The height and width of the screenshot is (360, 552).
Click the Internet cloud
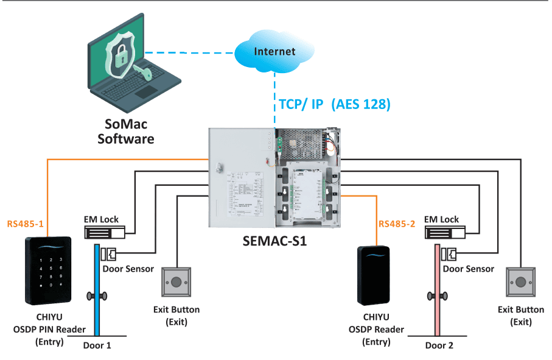274,51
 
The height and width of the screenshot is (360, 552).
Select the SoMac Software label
126,132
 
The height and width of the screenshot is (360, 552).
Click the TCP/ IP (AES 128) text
335,104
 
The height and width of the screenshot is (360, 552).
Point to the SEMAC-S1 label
274,241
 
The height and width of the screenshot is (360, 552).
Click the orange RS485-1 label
26,224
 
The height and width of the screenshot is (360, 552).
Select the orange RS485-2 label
397,224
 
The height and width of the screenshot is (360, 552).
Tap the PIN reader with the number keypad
48,270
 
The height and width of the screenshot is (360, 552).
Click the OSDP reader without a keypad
374,275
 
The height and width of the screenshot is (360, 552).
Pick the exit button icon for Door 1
176,282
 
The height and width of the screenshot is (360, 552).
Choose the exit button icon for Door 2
521,282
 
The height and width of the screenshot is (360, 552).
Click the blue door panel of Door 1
97,290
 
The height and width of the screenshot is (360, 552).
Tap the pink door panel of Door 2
437,290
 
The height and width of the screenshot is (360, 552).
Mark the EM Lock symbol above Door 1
105,233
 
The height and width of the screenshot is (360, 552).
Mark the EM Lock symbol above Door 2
445,233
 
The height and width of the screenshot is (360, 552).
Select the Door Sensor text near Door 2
468,269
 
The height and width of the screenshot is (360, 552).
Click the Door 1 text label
97,345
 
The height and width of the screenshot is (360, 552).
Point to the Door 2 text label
439,345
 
